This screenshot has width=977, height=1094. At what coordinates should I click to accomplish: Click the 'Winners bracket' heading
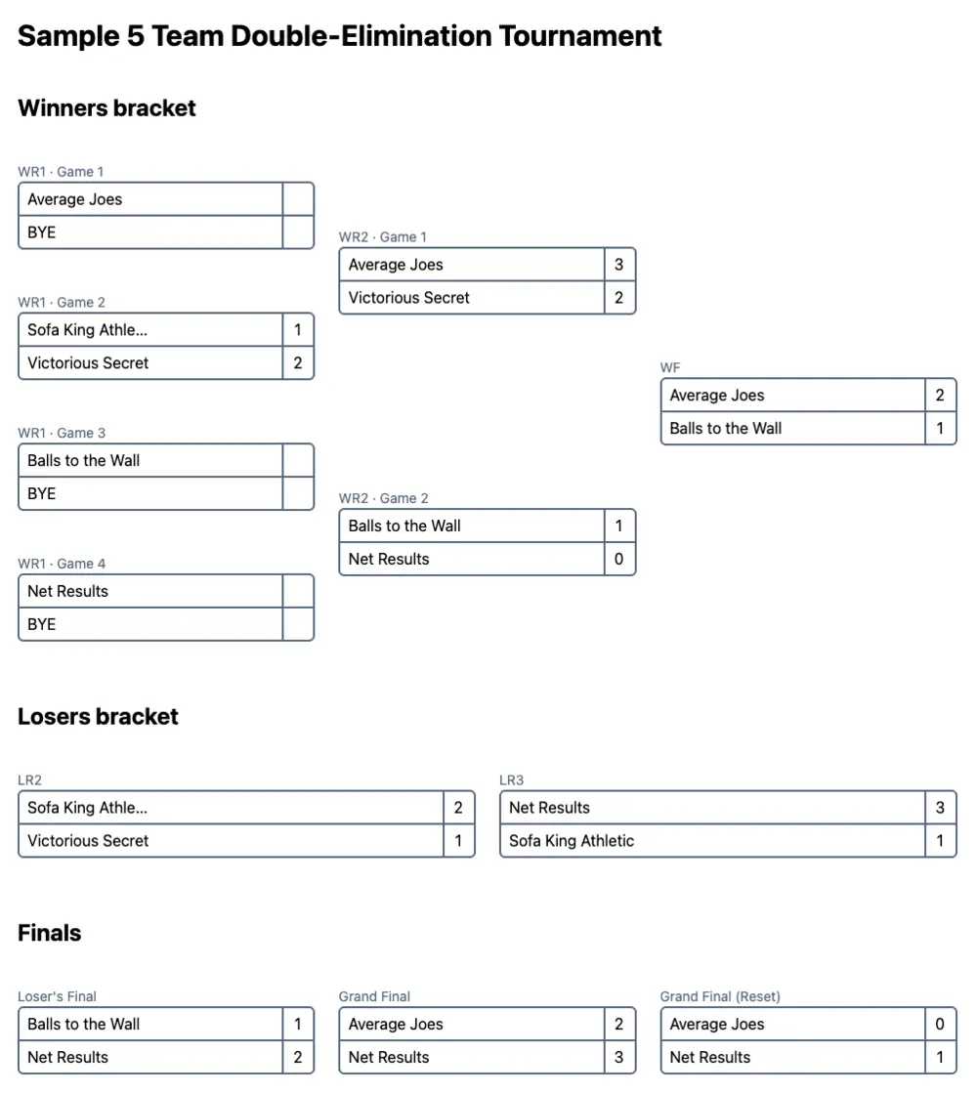pos(106,108)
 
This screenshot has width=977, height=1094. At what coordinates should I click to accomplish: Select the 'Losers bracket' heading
pos(98,717)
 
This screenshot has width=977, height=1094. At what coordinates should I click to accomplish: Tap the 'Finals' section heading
pos(49,934)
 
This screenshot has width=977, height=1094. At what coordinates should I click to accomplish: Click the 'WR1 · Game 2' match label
pos(62,303)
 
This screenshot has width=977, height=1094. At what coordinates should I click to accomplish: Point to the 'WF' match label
pos(670,368)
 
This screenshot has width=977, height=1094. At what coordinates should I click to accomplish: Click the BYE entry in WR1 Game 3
pos(42,494)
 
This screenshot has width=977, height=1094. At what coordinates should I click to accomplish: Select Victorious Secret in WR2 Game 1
pos(408,298)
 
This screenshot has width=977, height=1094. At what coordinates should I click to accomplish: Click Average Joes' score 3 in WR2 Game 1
pos(618,265)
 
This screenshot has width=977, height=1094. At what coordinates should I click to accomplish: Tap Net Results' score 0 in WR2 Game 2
pos(618,560)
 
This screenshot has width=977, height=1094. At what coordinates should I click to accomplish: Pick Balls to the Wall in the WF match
pos(725,429)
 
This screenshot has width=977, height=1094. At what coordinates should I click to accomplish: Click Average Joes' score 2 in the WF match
pos(940,396)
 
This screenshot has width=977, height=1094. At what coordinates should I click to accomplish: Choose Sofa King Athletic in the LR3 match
pos(571,841)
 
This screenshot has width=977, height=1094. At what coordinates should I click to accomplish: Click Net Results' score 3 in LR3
pos(940,808)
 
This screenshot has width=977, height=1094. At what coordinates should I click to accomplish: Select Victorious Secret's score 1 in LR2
pos(458,841)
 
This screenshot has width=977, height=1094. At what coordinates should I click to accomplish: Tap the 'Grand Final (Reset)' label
pos(720,997)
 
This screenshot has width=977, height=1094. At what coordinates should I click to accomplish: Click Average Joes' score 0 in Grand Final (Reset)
pos(940,1025)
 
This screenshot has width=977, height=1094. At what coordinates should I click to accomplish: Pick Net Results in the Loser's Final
pos(67,1058)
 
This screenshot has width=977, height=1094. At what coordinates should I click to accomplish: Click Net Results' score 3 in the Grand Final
pos(618,1058)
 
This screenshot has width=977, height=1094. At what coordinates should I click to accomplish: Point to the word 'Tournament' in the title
pos(580,36)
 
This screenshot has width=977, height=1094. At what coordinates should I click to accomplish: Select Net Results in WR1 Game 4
pos(67,592)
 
